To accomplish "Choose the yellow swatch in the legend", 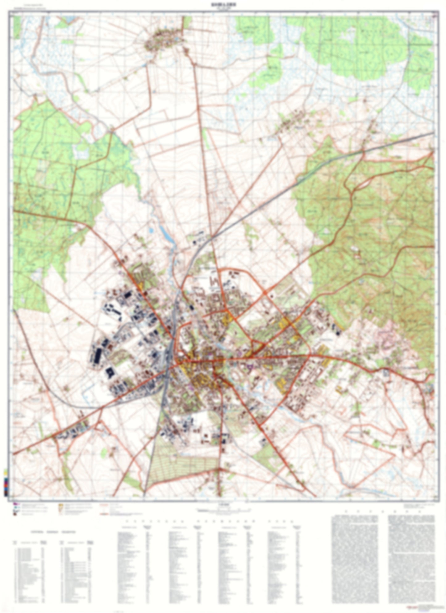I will pos(60,506).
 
